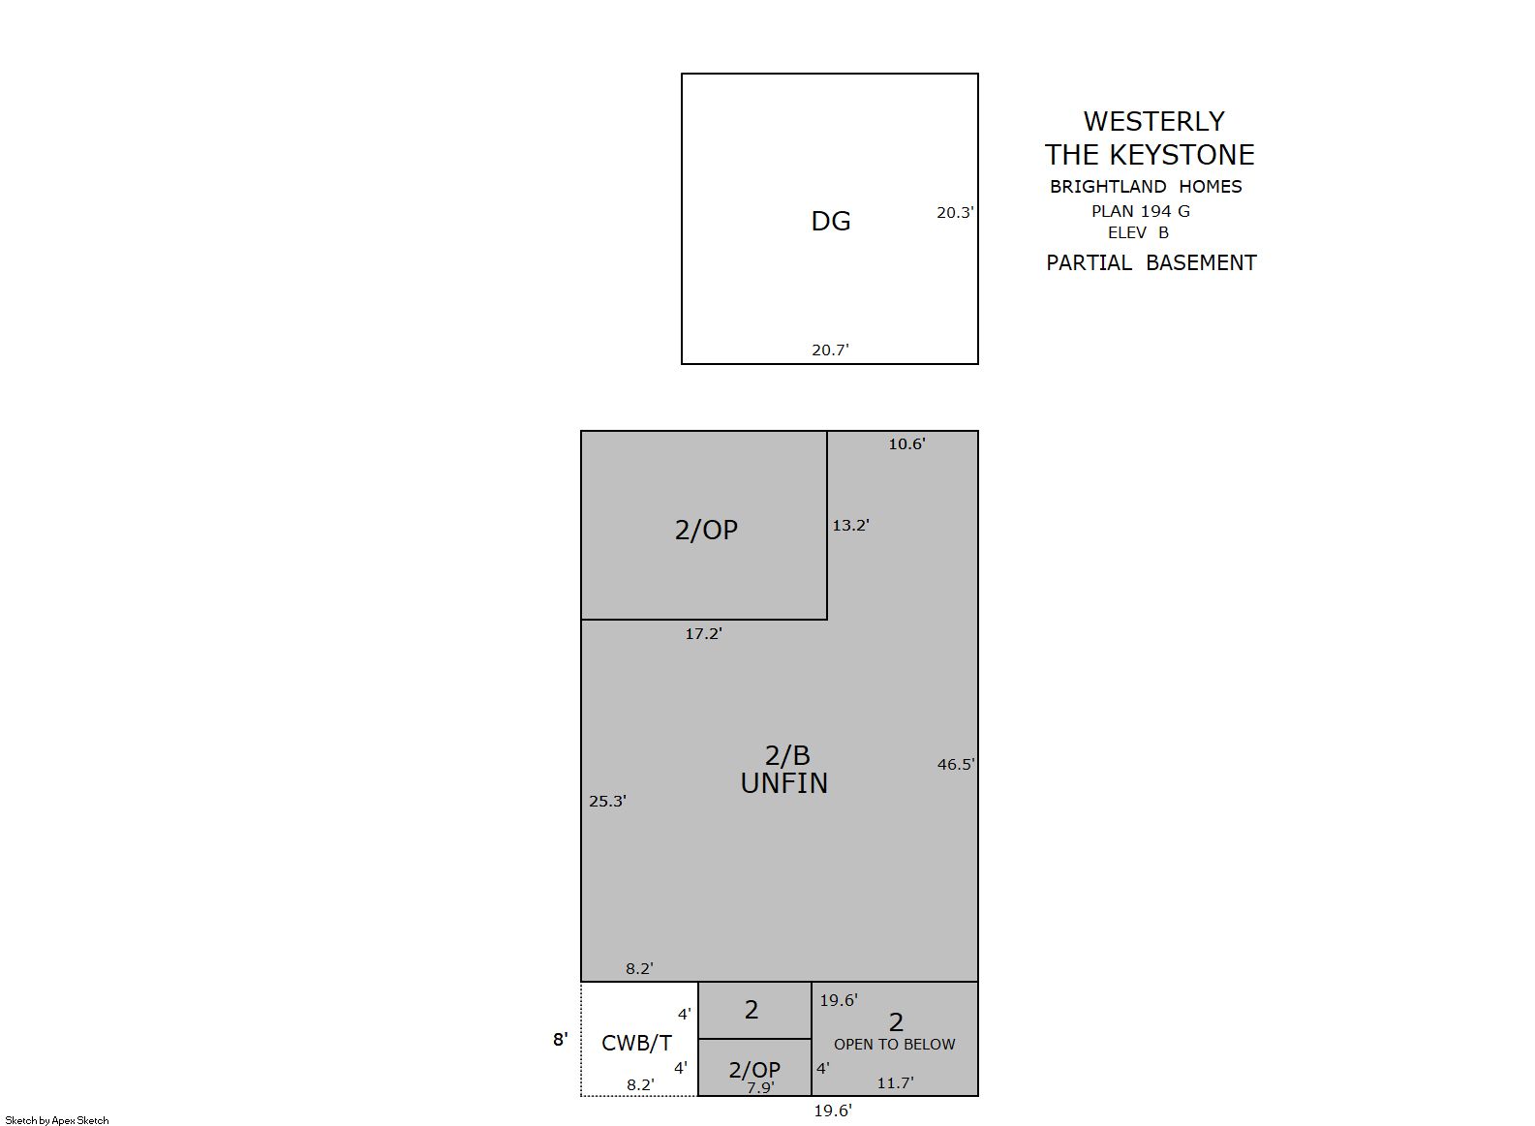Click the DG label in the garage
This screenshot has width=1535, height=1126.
[x=831, y=221]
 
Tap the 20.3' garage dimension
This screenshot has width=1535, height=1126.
[x=955, y=213]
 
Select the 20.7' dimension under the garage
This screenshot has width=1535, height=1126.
[x=831, y=350]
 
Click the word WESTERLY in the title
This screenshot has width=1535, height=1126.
[x=1154, y=121]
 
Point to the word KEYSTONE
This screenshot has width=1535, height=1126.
[x=1182, y=155]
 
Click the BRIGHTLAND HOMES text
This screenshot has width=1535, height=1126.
[x=1146, y=186]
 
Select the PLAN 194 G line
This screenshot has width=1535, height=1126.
[x=1141, y=211]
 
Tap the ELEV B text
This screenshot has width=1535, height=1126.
[x=1138, y=233]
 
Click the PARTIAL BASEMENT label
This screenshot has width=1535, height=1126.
[x=1151, y=263]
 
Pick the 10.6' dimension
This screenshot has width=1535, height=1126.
[x=907, y=443]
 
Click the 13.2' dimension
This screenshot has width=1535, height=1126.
[x=851, y=526]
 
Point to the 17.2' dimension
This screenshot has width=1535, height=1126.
[x=704, y=633]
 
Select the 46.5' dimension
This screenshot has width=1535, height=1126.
[x=956, y=764]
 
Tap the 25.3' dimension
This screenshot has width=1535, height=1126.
[x=608, y=801]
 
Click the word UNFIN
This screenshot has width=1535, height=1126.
[x=784, y=783]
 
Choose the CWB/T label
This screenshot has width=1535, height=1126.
[x=636, y=1043]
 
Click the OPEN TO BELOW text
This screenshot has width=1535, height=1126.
[x=894, y=1045]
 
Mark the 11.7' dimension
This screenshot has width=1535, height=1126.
[x=896, y=1082]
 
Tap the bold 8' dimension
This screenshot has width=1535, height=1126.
[x=561, y=1040]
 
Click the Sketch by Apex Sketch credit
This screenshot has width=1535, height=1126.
[x=57, y=1120]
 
